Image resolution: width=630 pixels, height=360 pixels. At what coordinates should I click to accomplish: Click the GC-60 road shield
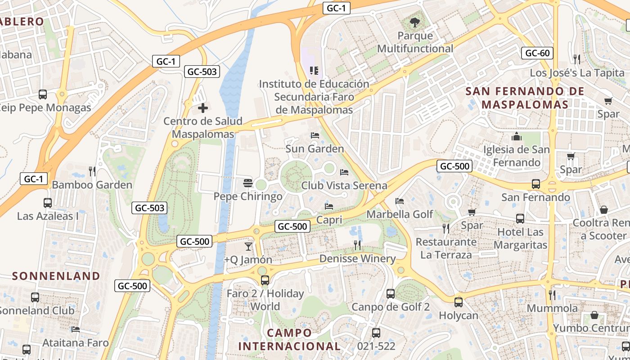537,53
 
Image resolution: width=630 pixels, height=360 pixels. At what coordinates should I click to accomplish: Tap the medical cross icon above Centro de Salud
203,108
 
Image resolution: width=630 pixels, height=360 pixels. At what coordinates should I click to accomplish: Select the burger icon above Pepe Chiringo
247,183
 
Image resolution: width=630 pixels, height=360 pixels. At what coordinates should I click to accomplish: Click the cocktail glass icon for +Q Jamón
248,246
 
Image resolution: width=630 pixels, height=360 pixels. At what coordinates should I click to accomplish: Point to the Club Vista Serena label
344,185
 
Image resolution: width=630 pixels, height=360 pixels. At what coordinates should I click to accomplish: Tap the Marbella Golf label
400,214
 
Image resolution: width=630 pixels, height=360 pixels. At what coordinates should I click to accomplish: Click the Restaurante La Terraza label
446,248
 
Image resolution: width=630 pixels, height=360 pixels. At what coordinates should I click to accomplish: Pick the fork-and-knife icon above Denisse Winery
357,245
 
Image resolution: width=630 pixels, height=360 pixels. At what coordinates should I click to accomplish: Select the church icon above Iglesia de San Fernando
516,136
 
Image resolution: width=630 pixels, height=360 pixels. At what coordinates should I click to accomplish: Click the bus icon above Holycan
458,302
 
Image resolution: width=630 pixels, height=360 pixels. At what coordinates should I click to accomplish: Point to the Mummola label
552,308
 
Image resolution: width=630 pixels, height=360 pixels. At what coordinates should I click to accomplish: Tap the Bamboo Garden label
92,185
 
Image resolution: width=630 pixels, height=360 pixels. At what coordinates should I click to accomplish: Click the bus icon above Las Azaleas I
48,202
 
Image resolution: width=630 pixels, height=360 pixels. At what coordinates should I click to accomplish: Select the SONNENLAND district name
56,276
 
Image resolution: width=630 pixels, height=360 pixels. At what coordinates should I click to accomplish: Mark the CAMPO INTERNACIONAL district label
289,339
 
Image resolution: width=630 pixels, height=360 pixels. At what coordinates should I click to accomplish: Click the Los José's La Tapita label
577,73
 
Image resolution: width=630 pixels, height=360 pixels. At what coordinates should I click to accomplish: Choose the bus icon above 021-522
376,333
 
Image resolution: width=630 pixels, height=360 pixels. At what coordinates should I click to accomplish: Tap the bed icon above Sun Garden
315,135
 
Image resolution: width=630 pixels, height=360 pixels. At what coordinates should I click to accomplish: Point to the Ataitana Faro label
76,343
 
